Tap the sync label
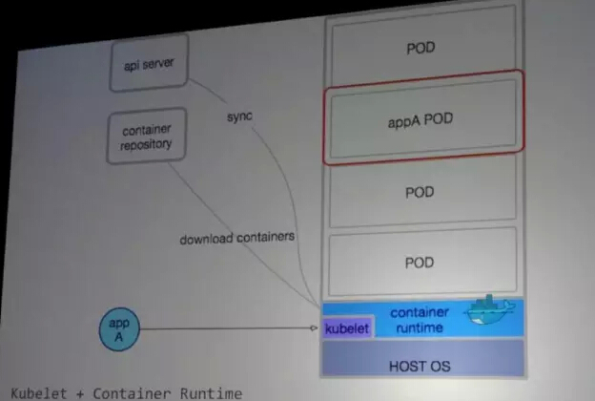click(x=239, y=116)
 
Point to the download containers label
click(x=237, y=238)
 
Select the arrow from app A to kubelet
click(x=229, y=328)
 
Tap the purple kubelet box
click(x=347, y=328)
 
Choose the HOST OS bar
click(x=421, y=364)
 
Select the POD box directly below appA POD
click(x=421, y=191)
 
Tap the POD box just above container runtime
click(x=421, y=262)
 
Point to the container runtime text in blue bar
click(x=419, y=321)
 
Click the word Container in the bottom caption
click(x=122, y=392)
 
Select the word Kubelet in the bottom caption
click(x=36, y=392)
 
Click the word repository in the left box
click(x=146, y=146)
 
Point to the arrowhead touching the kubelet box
click(x=314, y=328)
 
